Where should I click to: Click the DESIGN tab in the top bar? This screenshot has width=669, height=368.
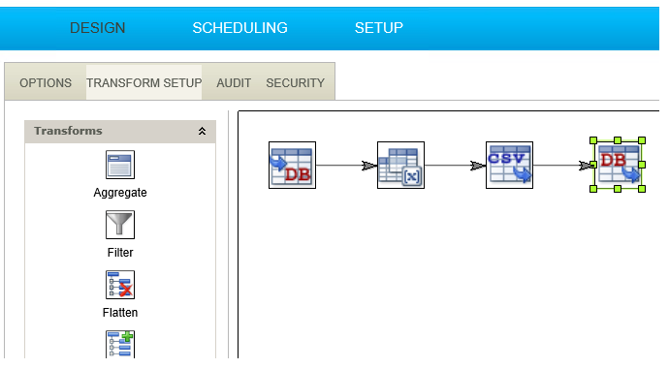point(97,28)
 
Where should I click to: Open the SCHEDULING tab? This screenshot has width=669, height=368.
point(239,28)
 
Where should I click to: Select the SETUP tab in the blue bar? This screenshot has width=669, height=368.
point(379,28)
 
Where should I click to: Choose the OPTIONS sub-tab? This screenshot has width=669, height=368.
point(46,82)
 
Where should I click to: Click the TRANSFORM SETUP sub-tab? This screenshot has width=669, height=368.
point(144,82)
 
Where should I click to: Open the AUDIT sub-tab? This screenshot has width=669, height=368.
point(234,82)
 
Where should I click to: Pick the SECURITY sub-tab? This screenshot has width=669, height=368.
point(296,82)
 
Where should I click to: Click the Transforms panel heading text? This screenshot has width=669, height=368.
point(68,131)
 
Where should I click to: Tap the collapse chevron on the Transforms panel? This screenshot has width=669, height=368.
point(202,131)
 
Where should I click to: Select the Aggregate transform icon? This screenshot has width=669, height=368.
point(120,165)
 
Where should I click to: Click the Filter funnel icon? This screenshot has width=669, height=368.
point(120,225)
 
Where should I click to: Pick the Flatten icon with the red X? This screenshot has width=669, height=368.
point(120,285)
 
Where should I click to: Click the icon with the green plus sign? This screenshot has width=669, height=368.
point(120,344)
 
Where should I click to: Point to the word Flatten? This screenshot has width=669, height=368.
point(120,313)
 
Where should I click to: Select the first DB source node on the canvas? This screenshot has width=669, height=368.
point(292,166)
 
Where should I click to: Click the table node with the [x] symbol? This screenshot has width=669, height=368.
point(400,166)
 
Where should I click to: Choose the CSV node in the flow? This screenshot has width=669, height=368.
point(509,166)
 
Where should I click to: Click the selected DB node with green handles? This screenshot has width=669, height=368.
point(618,165)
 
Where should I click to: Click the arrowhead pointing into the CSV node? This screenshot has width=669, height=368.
point(478,166)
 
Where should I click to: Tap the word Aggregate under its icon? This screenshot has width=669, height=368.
point(120,193)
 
